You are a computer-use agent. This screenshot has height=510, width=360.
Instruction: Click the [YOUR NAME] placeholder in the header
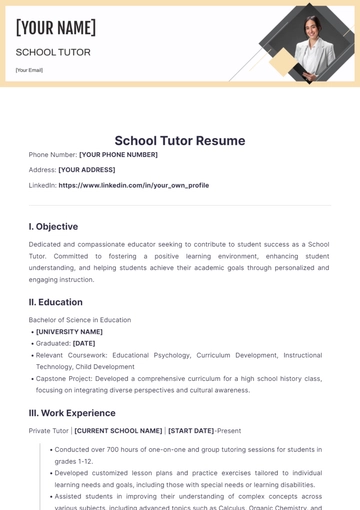coord(56,28)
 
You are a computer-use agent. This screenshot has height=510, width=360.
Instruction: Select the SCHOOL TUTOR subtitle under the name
coord(53,52)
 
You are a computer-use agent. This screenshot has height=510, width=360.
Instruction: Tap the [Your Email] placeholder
coord(29,70)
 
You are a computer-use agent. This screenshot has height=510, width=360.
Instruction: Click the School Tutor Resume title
coord(180,141)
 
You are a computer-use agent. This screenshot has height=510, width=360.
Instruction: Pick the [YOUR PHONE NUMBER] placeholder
coord(118,155)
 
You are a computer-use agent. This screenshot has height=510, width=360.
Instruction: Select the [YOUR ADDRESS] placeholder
coord(87,170)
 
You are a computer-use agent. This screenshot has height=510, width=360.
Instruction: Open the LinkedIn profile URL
coord(134,185)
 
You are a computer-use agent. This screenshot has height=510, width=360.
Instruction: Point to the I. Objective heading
coord(53,226)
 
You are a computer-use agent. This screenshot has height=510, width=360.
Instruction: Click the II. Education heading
coord(56,302)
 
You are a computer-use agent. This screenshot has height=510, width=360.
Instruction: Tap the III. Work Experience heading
coord(72,412)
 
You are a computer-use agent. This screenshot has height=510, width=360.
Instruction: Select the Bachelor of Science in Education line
coord(80,320)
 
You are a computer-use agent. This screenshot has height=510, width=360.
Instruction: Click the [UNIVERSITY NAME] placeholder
coord(69,332)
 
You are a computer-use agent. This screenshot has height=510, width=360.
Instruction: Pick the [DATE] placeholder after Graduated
coord(84,343)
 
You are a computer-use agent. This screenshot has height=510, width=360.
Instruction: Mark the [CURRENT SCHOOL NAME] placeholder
coord(118,431)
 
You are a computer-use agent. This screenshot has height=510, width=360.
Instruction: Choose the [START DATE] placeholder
coord(191,431)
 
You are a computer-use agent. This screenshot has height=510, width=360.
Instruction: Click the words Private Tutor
coord(48,431)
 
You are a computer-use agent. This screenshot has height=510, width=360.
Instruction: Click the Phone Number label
coord(53,155)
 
